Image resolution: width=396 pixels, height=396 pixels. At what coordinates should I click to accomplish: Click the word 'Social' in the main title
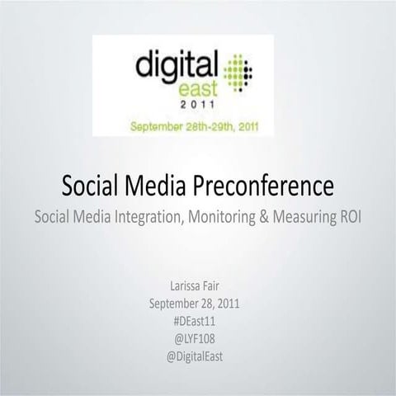click(92, 186)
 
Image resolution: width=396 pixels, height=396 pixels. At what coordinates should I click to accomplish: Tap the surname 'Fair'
click(215, 286)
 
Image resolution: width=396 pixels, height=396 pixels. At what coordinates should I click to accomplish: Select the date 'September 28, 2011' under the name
click(198, 303)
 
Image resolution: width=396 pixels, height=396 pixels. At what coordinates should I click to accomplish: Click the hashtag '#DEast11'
click(198, 318)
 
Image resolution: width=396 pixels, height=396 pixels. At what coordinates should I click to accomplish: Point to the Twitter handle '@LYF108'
click(198, 335)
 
